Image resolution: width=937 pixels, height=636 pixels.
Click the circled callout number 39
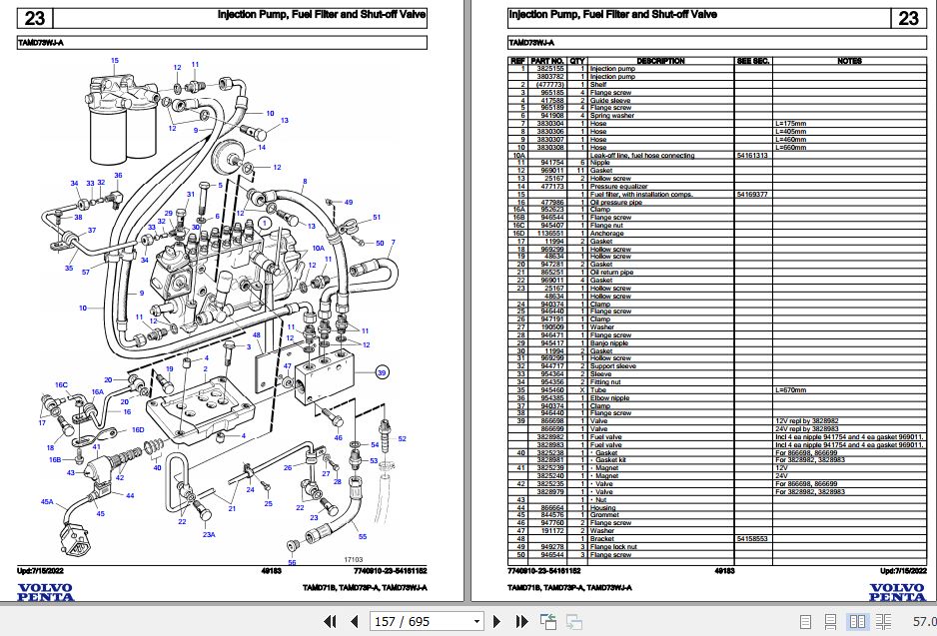[381, 372]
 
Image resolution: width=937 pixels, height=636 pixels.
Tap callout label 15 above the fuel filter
[114, 62]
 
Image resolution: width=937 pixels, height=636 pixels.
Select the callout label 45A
[46, 501]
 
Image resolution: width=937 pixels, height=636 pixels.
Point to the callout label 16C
[61, 384]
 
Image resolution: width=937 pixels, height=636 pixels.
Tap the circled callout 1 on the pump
[262, 222]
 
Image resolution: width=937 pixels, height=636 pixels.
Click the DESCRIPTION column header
[660, 61]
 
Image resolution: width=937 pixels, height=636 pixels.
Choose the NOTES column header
[849, 61]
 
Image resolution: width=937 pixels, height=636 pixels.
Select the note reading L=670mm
[791, 389]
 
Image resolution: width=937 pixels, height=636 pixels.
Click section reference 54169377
[752, 194]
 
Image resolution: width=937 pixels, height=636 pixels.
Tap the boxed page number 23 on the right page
[907, 18]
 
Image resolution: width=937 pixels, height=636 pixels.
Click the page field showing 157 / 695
[402, 621]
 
